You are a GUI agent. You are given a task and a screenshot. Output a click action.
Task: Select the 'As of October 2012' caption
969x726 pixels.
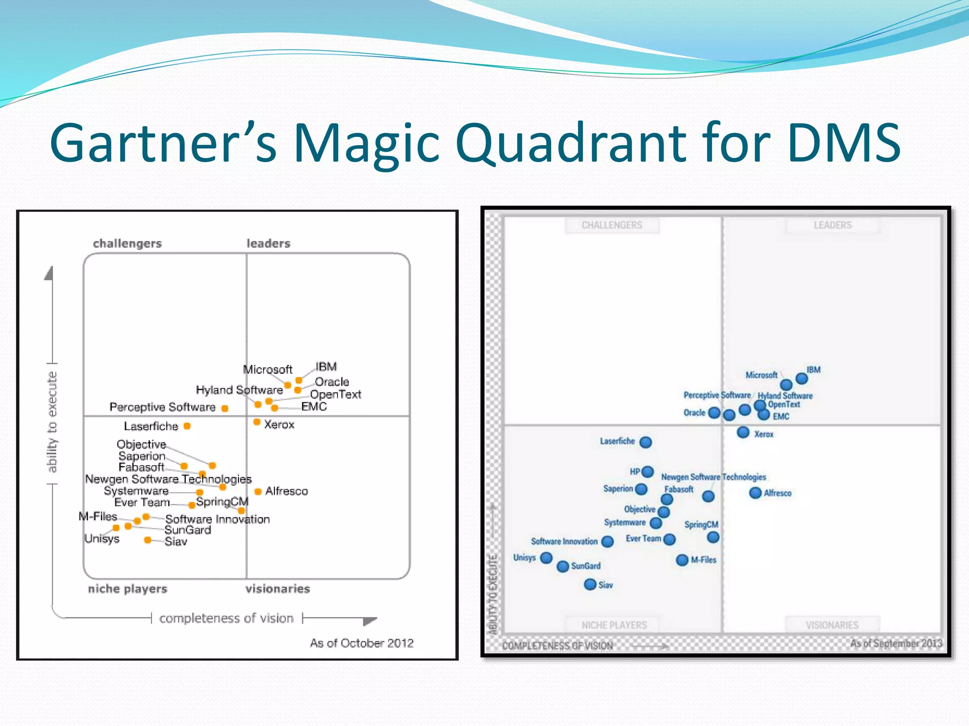(361, 643)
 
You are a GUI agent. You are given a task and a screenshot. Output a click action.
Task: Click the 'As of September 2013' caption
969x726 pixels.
(896, 643)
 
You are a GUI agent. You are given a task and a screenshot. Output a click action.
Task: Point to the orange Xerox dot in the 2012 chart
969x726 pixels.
(256, 422)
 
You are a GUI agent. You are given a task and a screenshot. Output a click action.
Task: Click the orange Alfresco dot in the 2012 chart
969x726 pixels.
(258, 492)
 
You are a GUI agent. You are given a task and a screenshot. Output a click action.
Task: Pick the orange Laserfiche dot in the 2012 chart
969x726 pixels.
(187, 426)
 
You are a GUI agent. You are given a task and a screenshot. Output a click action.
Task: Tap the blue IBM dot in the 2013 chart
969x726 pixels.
(802, 378)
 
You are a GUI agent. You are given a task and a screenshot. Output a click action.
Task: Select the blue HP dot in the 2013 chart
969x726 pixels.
(648, 472)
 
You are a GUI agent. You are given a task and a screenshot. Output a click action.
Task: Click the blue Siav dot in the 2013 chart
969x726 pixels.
(590, 584)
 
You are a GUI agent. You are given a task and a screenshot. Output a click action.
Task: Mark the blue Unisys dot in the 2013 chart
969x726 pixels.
(546, 558)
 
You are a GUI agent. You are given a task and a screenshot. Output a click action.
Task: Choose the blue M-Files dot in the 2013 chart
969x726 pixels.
(682, 560)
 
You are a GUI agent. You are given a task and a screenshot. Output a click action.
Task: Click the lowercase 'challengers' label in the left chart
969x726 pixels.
(127, 243)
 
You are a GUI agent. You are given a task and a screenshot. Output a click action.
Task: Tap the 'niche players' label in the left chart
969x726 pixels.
(127, 589)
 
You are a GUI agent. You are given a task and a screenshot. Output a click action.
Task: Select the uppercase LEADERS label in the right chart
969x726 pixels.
(832, 225)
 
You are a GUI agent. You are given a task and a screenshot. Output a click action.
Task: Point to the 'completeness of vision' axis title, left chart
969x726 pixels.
(226, 618)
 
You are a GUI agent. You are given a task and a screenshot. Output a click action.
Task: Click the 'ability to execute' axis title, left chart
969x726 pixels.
(52, 422)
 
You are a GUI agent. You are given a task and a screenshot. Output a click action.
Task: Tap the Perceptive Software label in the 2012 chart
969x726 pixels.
(162, 407)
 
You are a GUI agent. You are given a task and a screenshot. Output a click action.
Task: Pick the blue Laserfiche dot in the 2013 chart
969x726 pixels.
(645, 442)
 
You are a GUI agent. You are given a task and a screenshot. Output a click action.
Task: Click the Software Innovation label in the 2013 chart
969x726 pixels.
(564, 542)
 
